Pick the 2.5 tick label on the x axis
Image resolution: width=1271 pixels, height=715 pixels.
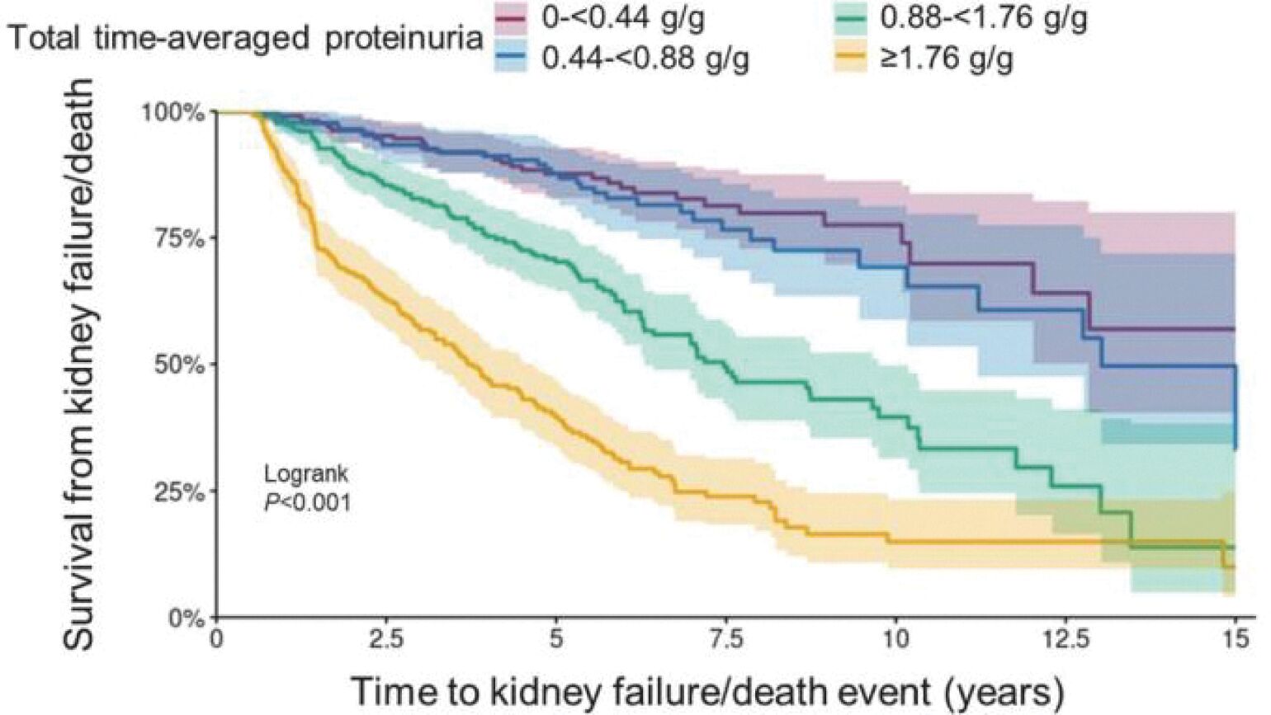[386, 640]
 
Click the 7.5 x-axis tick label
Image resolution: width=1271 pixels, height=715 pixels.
[726, 640]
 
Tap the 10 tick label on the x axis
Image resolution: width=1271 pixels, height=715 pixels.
[896, 640]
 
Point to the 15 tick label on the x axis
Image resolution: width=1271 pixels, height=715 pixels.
[1236, 640]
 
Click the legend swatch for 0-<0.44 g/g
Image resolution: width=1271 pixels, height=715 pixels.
[512, 18]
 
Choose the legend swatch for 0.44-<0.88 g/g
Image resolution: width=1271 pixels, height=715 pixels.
[512, 58]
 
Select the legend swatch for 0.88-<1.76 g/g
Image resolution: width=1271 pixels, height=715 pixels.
[850, 18]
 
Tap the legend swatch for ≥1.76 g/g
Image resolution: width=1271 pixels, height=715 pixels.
[850, 58]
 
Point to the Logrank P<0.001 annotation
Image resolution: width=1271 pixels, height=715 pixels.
[307, 487]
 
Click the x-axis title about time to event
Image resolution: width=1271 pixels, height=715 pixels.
[706, 689]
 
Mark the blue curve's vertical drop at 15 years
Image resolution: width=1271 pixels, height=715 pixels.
[1236, 407]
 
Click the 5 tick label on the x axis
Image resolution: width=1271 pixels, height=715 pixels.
[556, 640]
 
